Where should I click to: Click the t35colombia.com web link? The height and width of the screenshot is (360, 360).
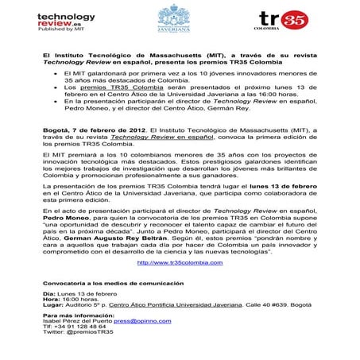tap(179, 261)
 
